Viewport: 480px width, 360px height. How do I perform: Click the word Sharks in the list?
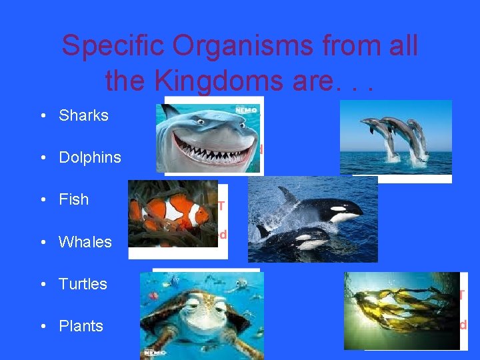click(x=83, y=115)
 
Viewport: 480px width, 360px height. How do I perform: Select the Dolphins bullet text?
click(x=90, y=157)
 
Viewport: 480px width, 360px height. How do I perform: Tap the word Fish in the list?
click(x=73, y=199)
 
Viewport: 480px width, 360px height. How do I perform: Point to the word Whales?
click(x=85, y=242)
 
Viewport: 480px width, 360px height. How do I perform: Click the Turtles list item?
click(x=83, y=284)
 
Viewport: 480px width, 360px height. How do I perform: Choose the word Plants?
click(x=81, y=326)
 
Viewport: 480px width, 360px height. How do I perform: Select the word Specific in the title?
click(x=107, y=46)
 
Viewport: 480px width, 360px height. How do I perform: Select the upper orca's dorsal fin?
click(x=288, y=195)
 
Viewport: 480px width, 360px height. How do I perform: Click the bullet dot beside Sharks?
click(x=42, y=116)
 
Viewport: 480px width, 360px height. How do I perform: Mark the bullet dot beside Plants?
click(x=42, y=327)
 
